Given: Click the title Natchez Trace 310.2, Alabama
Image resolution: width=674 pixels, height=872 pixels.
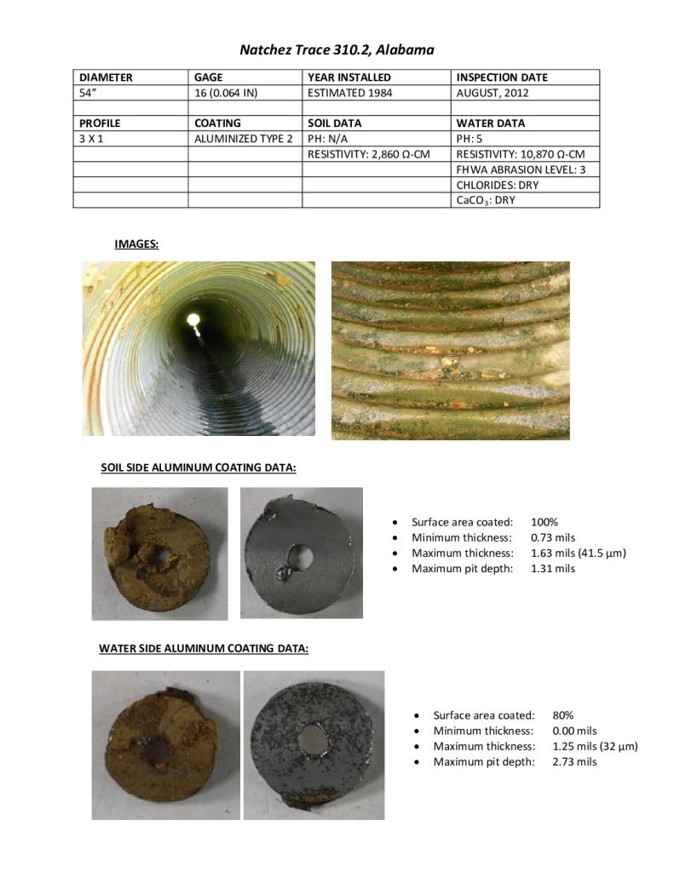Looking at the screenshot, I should point(337,50).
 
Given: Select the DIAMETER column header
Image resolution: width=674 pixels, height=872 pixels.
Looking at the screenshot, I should point(107,77).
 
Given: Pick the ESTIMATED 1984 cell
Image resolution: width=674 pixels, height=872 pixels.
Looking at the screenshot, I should point(350,93).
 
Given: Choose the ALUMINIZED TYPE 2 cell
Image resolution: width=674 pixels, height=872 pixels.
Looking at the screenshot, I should point(243,139).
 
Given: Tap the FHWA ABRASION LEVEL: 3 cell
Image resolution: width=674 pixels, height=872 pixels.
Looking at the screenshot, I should point(521,169).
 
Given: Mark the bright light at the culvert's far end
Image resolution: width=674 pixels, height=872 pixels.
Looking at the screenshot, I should point(193,320).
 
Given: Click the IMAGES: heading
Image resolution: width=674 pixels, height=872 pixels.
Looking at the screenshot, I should point(136,244).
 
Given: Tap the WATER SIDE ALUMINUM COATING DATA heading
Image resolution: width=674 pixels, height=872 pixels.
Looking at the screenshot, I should point(204,649).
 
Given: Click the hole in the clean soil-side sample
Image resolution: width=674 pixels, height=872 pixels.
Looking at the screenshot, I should point(300,558).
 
